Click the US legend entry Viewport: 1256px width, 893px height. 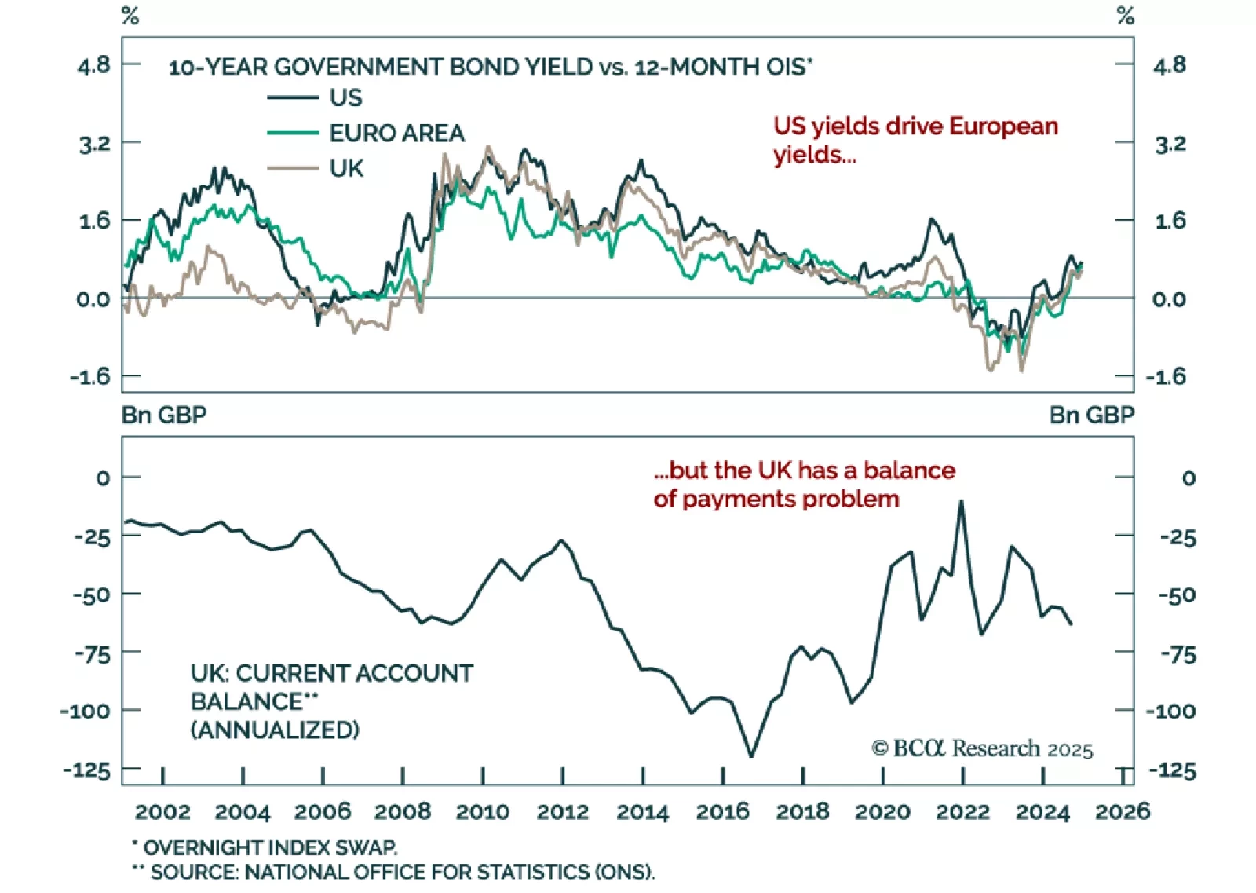click(345, 98)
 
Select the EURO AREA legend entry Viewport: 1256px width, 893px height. click(396, 134)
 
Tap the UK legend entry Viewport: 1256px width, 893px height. click(346, 169)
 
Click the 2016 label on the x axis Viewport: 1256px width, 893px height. click(722, 811)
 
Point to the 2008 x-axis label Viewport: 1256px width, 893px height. click(403, 811)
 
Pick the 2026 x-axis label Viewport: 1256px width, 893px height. click(1123, 811)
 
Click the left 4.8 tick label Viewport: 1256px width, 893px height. click(94, 65)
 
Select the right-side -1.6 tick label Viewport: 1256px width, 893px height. click(1166, 377)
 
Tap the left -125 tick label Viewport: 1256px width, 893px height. click(87, 770)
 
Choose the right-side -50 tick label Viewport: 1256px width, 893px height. click(1177, 595)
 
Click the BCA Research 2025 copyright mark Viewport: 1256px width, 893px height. click(982, 748)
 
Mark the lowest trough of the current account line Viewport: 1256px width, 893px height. click(751, 756)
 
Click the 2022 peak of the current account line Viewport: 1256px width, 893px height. click(961, 502)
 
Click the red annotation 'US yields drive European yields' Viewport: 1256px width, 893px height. click(915, 140)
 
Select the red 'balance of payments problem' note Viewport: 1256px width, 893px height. click(804, 485)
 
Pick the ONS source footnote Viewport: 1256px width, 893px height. click(393, 872)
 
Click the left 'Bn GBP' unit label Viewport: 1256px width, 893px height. click(164, 415)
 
